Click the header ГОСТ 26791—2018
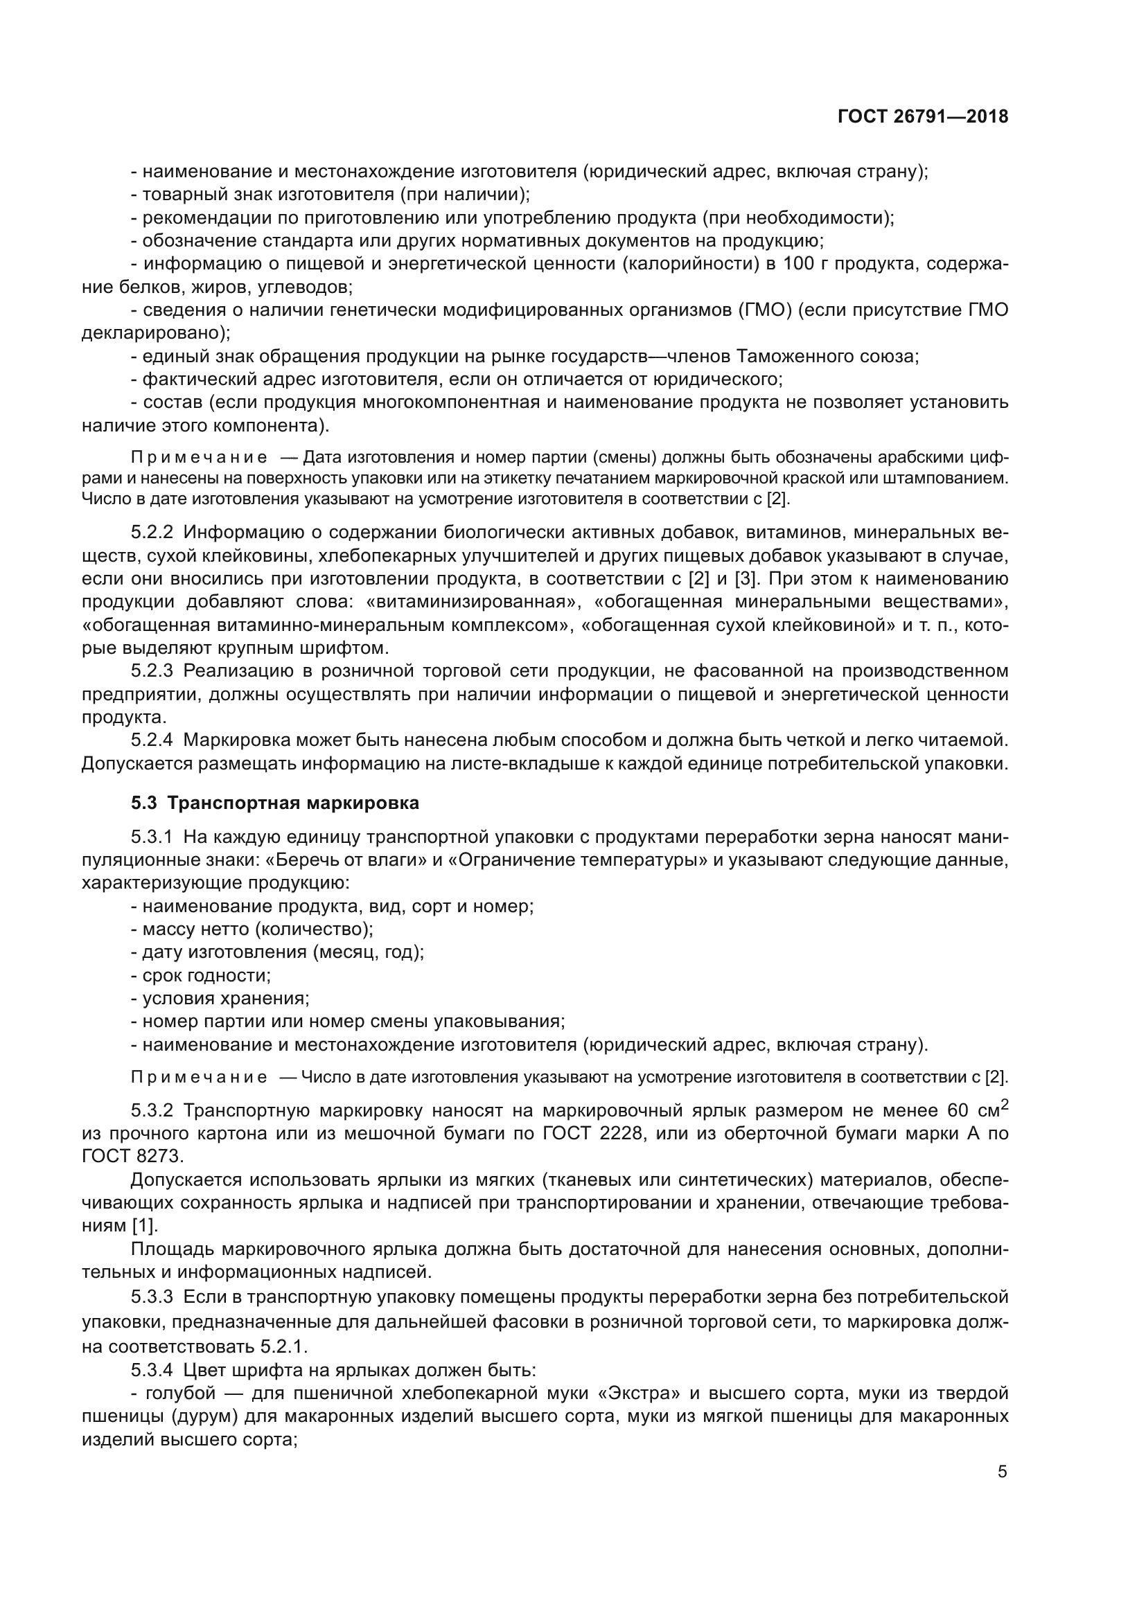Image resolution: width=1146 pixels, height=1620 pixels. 922,116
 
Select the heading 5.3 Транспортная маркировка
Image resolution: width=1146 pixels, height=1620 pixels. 275,803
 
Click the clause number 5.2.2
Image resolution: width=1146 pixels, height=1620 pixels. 152,533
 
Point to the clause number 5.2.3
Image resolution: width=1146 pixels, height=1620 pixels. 152,671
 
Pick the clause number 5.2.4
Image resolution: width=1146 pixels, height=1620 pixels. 152,740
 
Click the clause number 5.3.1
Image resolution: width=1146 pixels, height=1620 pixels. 152,837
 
